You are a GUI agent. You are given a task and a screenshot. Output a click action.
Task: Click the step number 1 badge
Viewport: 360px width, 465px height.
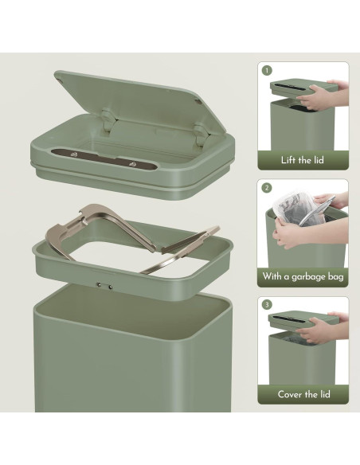[x=267, y=71]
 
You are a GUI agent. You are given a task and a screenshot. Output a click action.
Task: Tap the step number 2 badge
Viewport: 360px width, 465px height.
[x=267, y=187]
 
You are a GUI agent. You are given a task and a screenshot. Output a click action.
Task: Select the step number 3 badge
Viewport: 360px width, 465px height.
[x=267, y=305]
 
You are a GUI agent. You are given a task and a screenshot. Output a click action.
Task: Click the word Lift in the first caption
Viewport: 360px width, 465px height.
[x=288, y=160]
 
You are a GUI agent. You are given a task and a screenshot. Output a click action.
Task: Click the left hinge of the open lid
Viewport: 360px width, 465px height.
[x=108, y=120]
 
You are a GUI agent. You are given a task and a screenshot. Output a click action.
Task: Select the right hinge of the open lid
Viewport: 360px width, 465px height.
[x=202, y=134]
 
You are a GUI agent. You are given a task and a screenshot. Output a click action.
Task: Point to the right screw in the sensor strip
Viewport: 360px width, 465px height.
[x=132, y=164]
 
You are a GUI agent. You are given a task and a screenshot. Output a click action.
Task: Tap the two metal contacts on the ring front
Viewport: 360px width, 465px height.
[x=104, y=286]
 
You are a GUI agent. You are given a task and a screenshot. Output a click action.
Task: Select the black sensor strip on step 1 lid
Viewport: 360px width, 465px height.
[x=290, y=87]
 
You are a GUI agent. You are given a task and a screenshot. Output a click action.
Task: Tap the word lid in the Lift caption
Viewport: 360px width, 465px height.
[x=319, y=160]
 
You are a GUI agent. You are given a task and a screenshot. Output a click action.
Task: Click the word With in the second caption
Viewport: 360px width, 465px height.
[x=272, y=276]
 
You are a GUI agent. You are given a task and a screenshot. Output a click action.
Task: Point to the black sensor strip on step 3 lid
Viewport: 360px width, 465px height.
[x=288, y=319]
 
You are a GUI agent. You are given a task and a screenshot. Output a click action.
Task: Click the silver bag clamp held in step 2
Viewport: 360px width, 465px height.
[x=317, y=211]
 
